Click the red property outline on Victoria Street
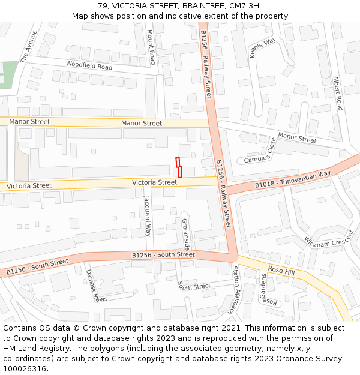click(179, 168)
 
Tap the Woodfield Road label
click(89, 66)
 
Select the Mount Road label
click(151, 49)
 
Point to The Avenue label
click(28, 47)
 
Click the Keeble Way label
click(262, 47)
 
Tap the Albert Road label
click(338, 93)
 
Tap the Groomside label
click(186, 235)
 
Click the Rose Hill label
click(281, 271)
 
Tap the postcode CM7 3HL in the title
click(247, 6)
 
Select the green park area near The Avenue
click(7, 74)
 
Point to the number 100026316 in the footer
click(25, 368)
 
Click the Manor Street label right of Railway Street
click(297, 138)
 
